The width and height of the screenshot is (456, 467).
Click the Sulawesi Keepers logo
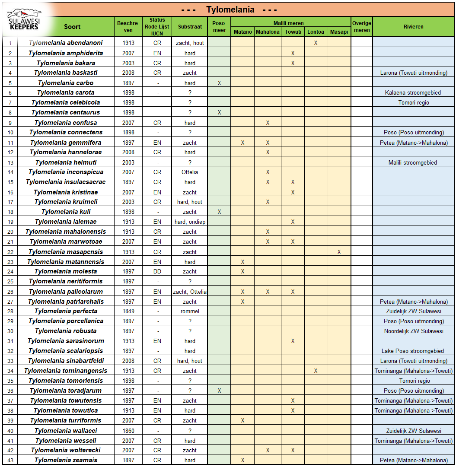click(x=24, y=19)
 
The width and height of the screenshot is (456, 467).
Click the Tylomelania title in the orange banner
click(x=230, y=10)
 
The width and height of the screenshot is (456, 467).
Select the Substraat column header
click(x=190, y=26)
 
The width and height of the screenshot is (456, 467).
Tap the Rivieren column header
click(x=414, y=26)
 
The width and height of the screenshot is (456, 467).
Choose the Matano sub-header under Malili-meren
click(x=243, y=32)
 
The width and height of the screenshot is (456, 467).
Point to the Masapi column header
click(x=339, y=32)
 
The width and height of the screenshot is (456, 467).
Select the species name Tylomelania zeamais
click(x=66, y=460)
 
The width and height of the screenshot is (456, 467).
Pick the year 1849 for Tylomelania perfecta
click(x=128, y=311)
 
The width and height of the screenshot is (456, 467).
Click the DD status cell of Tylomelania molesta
click(x=157, y=271)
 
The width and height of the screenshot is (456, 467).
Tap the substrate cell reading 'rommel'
click(x=190, y=311)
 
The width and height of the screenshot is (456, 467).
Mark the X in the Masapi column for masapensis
click(x=339, y=252)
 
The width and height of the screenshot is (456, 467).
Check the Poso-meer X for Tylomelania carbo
click(x=220, y=83)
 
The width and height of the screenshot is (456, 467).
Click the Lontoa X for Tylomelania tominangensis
click(x=316, y=371)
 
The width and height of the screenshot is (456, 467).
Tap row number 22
click(x=10, y=252)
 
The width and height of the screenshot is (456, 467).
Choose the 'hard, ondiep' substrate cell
click(x=190, y=222)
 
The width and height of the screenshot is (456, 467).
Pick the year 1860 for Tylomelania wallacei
click(x=128, y=431)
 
